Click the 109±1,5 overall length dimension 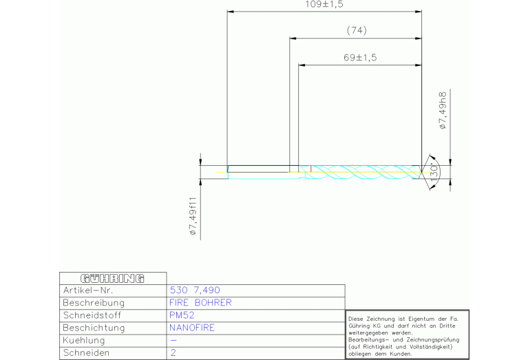pos(324,4)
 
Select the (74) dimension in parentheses pos(357,30)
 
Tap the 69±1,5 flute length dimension pos(360,57)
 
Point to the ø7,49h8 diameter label pos(443,110)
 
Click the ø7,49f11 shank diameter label pos(193,216)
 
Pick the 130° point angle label pos(434,173)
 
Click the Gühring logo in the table pos(112,279)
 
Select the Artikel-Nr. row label pos(88,290)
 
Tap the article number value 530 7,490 pos(195,290)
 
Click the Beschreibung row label pos(94,303)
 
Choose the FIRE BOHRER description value pos(200,302)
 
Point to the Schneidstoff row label pos(92,315)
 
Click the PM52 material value pos(182,315)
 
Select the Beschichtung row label pos(94,328)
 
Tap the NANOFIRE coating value pos(192,328)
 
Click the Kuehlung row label pos(84,341)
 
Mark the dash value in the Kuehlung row pos(173,341)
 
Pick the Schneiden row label pos(86,353)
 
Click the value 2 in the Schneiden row pos(173,352)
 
